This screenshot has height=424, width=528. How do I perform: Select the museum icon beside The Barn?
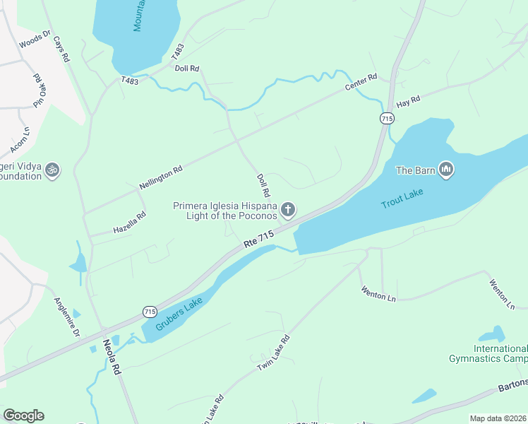coord(445,170)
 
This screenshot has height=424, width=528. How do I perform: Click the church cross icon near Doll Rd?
coord(287,210)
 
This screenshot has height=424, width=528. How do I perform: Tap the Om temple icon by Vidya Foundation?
coord(52,170)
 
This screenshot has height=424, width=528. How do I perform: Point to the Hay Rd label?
coord(408,102)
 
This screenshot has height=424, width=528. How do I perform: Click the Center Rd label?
coord(361,82)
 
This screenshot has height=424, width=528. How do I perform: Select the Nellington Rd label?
coord(161,177)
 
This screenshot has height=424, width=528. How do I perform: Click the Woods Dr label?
coord(35,39)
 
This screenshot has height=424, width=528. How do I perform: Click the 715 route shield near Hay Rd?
coord(385,119)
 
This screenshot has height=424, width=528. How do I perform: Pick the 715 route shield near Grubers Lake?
coord(149,311)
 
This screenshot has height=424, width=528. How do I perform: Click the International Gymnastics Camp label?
coord(488,353)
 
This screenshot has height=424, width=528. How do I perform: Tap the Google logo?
coord(23,416)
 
